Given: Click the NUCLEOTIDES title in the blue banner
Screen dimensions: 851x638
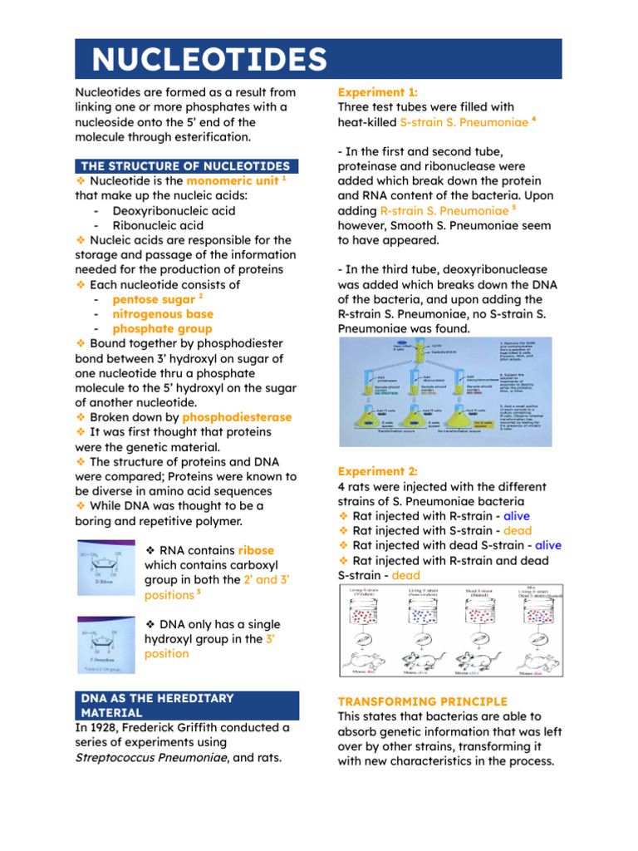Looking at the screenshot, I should coord(209,59).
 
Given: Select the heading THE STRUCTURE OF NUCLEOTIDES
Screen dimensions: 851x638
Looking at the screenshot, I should coord(185,166).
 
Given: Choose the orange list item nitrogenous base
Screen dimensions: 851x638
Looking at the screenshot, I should coord(163,314).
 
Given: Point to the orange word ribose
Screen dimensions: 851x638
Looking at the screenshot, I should coord(255,550).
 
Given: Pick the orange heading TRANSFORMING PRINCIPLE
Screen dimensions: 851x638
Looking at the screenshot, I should coord(422,701).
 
